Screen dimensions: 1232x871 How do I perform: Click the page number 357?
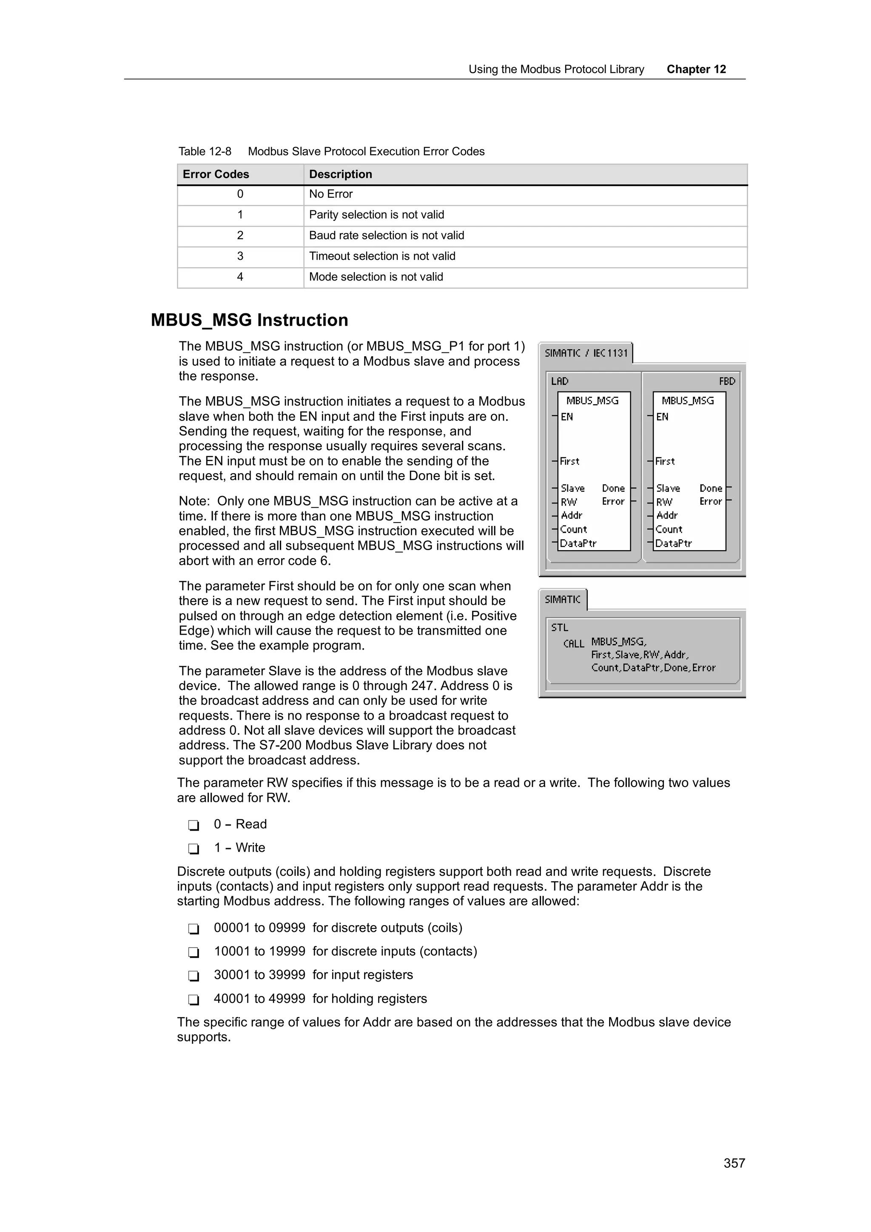(x=734, y=1163)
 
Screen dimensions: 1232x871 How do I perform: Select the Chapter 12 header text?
(x=696, y=69)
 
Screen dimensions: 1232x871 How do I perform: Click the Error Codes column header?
(x=216, y=174)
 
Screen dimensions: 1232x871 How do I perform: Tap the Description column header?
(x=340, y=174)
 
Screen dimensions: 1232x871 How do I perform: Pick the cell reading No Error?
(x=330, y=194)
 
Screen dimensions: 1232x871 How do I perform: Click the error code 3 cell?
(x=240, y=256)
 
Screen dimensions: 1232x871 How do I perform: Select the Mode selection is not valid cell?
(x=376, y=277)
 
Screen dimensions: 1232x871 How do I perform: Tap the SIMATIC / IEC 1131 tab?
(x=586, y=353)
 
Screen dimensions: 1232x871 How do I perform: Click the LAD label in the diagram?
(x=559, y=381)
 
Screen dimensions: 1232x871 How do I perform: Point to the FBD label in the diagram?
(x=727, y=381)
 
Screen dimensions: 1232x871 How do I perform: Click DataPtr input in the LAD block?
(x=578, y=544)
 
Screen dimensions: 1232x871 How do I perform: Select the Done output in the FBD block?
(x=711, y=488)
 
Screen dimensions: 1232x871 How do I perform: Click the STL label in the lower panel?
(x=559, y=627)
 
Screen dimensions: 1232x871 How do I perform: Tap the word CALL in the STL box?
(x=573, y=643)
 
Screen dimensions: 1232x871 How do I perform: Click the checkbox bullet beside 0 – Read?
(x=193, y=825)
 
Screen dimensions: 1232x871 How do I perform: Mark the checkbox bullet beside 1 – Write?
(x=193, y=849)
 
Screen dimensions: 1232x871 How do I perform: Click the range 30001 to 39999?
(x=259, y=975)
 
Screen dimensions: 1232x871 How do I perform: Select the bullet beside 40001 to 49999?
(x=193, y=999)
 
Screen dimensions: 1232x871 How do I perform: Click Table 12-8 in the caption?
(x=205, y=152)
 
